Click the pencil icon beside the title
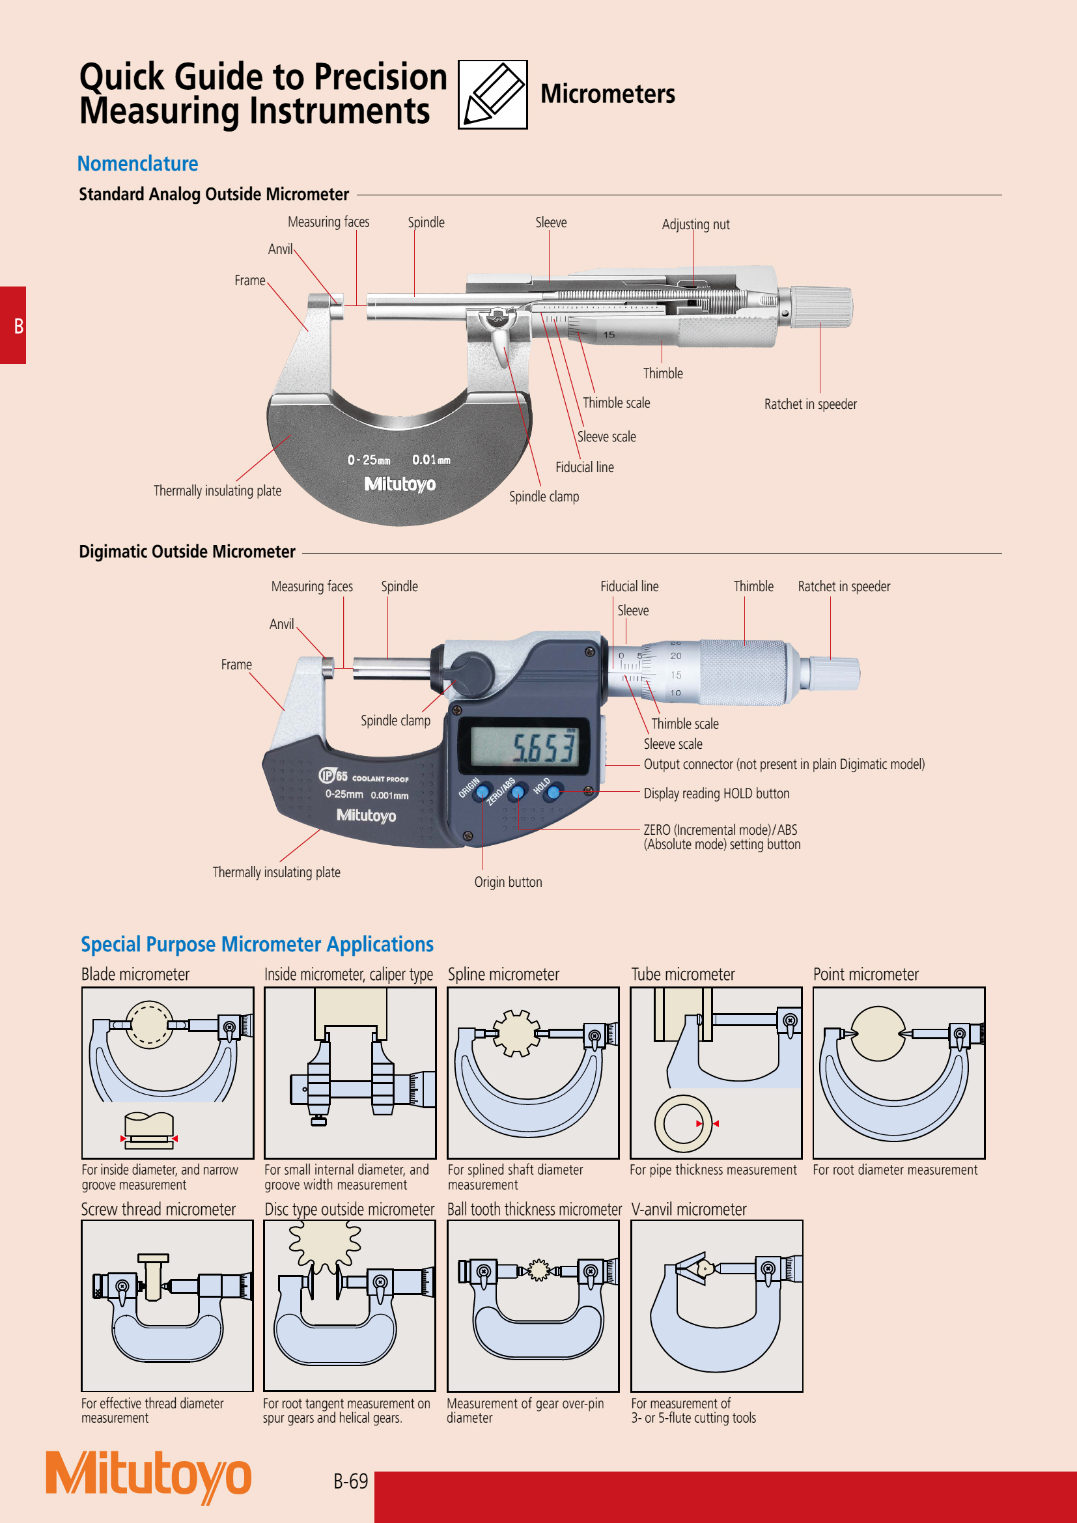(x=492, y=94)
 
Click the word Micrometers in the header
(x=607, y=94)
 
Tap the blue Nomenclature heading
(x=137, y=164)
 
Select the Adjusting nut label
(x=695, y=225)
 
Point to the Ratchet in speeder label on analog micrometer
(x=810, y=404)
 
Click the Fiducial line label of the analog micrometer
(x=583, y=467)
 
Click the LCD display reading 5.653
(x=524, y=747)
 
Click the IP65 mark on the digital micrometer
(x=333, y=775)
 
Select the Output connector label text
(x=783, y=764)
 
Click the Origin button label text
(x=507, y=882)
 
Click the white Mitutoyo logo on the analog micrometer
(x=400, y=484)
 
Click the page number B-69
(x=350, y=1481)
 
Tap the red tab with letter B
(x=13, y=325)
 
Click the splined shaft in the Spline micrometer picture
(x=516, y=1033)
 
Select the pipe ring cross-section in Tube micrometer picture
(x=682, y=1124)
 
